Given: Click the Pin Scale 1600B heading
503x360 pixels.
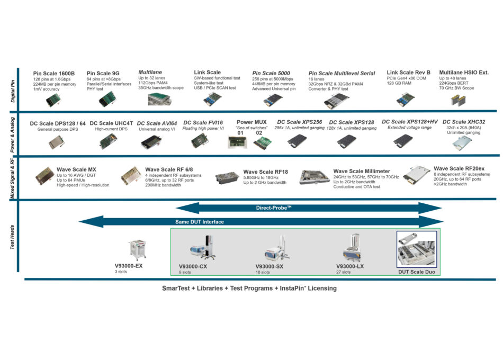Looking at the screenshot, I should tap(54, 74).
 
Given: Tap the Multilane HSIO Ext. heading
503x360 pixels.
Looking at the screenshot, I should tap(464, 73).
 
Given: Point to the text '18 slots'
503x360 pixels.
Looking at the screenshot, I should tap(263, 272).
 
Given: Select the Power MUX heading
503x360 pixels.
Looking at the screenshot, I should tap(251, 122).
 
